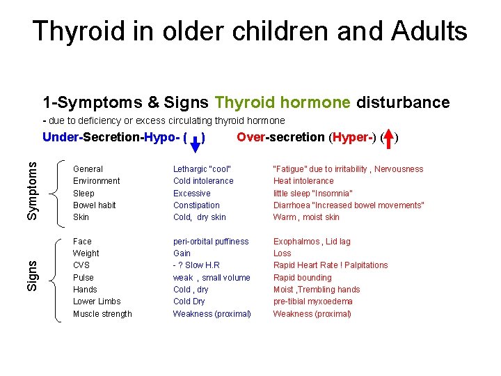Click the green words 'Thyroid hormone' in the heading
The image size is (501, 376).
283,103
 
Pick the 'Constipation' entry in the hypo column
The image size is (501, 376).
196,205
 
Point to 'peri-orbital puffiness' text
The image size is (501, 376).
211,242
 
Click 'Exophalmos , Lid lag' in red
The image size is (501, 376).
312,242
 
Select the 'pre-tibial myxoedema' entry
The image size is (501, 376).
312,301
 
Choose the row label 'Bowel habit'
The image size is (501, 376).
95,205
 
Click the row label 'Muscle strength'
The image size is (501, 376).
102,314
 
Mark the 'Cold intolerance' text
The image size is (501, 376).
203,181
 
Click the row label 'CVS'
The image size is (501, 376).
81,265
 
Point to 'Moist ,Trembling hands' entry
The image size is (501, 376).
317,290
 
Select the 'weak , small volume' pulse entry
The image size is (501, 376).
212,278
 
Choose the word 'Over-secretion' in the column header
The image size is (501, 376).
280,137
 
